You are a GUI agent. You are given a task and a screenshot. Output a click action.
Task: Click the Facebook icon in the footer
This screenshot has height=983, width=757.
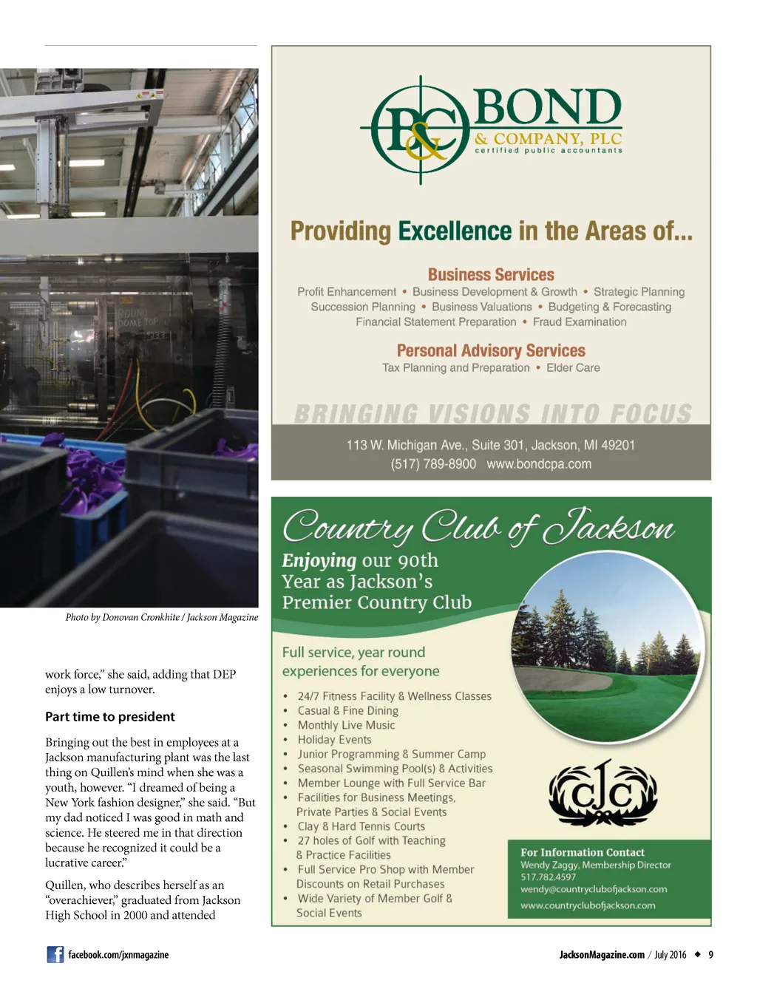pos(55,954)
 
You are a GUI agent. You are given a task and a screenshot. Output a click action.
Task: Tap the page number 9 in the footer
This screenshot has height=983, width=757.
pos(710,955)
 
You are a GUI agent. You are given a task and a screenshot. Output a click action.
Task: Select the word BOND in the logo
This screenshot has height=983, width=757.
pos(547,107)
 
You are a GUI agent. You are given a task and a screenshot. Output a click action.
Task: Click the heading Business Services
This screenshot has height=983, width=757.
pos(491,275)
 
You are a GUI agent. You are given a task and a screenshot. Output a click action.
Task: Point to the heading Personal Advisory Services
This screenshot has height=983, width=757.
pos(491,350)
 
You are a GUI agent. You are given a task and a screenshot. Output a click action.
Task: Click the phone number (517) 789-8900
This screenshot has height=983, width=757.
pos(433,464)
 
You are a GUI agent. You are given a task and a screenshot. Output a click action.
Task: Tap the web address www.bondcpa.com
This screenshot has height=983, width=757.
pos(539,464)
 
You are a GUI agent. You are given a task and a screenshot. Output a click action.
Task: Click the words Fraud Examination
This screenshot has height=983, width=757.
pos(580,322)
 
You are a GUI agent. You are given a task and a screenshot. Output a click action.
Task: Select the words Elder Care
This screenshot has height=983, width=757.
pos(573,368)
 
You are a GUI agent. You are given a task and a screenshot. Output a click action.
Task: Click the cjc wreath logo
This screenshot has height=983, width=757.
pos(602,794)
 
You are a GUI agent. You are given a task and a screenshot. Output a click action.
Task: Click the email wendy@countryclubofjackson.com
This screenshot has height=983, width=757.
pos(594,889)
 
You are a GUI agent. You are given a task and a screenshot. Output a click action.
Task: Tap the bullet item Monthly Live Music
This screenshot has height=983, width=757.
pos(346,725)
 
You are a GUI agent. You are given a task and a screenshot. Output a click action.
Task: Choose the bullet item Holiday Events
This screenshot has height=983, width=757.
pos(334,740)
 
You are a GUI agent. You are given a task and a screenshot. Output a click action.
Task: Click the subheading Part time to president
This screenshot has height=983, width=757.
pos(110,716)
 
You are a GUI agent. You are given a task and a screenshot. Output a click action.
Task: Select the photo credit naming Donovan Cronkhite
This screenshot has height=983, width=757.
pos(161,617)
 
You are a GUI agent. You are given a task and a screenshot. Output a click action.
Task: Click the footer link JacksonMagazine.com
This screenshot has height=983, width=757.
pos(602,955)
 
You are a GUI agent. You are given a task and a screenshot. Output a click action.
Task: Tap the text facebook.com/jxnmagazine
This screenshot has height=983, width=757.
pos(118,955)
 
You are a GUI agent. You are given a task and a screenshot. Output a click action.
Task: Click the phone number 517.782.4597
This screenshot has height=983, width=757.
pos(548,877)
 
